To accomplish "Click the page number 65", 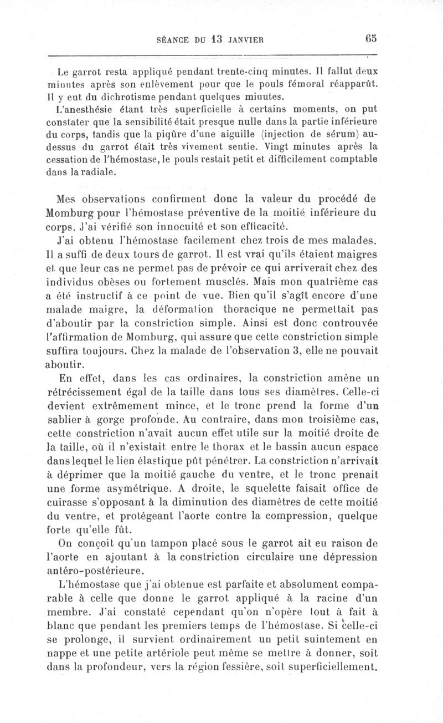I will point(371,39).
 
